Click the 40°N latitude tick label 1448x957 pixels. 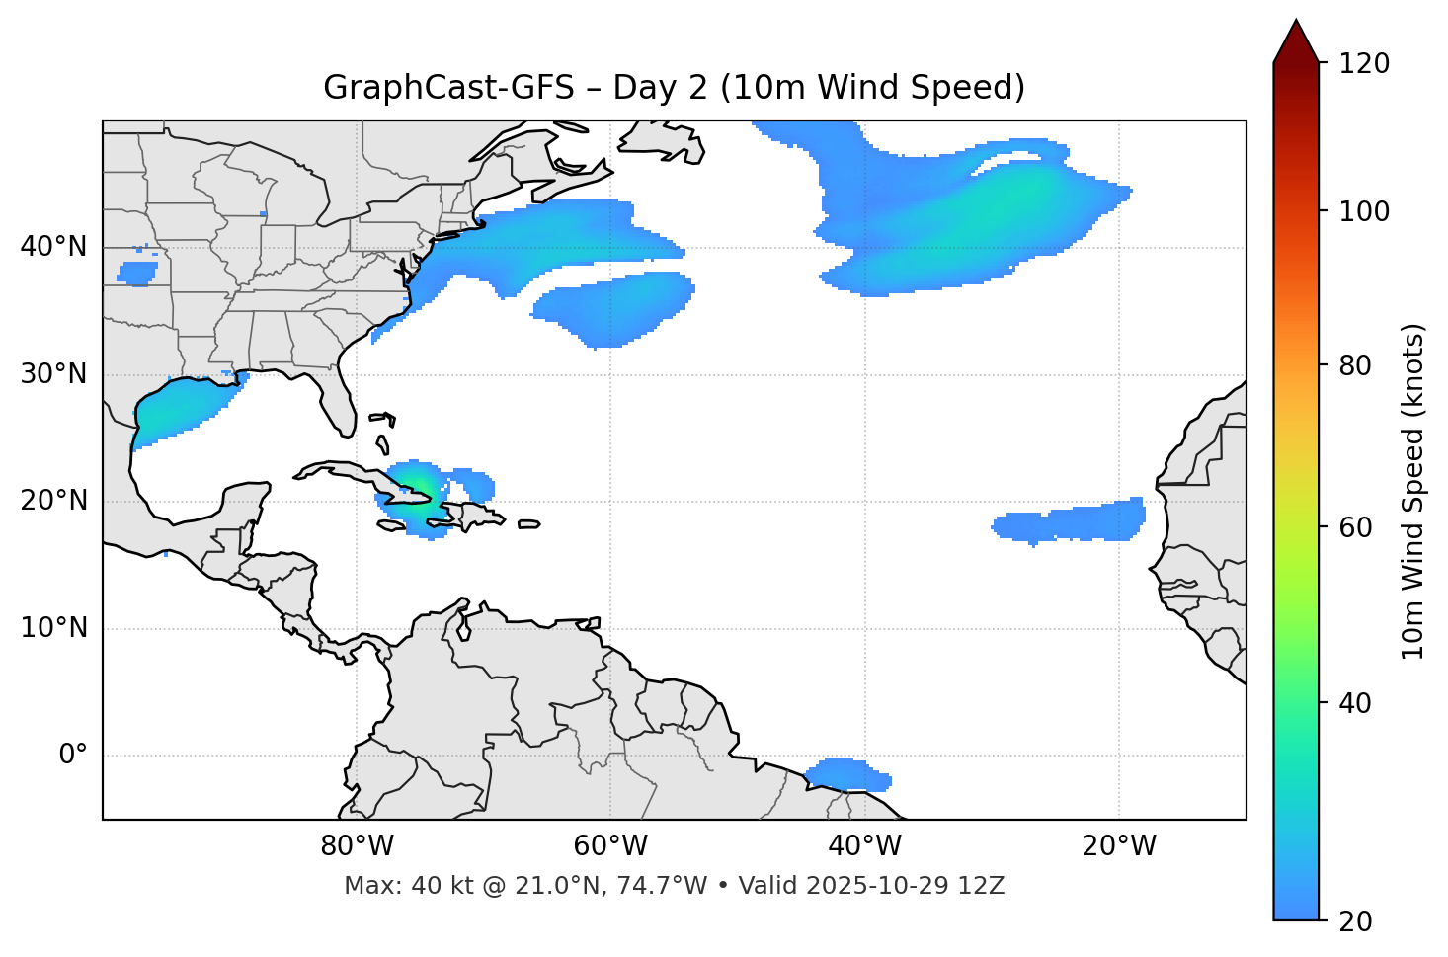pos(53,247)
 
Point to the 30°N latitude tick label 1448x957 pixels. pos(53,374)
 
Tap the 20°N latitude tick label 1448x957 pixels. pos(53,501)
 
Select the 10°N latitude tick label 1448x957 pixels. pos(53,628)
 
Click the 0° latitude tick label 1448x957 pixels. pos(73,756)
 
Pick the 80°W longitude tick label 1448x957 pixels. pos(357,846)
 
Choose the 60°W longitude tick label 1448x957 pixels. pos(610,846)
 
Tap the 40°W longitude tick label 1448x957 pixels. pos(865,846)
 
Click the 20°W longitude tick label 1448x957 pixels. pos(1119,846)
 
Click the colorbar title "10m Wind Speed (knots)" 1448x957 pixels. pos(1413,492)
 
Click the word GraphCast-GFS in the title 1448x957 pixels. pos(448,88)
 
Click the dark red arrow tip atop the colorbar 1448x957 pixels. pos(1296,40)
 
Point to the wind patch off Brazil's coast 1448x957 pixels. pos(847,774)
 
